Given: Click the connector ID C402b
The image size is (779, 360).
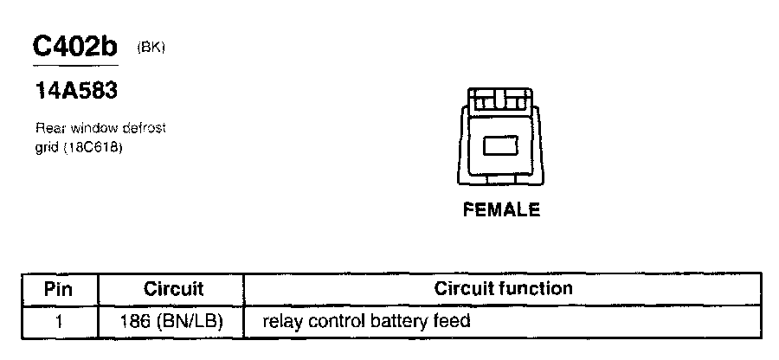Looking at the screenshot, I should [75, 48].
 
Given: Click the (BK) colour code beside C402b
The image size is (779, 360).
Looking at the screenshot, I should [151, 48].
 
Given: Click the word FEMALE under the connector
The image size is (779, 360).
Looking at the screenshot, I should [502, 210].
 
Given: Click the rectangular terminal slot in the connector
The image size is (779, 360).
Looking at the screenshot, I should [500, 147].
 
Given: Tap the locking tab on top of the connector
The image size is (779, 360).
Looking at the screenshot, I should [500, 100].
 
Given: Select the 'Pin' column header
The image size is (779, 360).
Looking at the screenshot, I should [59, 288].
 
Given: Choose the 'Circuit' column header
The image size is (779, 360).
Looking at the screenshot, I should [173, 288].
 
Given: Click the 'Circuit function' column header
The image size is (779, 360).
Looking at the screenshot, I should [503, 288].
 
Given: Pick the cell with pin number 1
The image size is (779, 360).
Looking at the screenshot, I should [59, 322].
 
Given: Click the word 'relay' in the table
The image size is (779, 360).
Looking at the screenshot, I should [280, 322].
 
